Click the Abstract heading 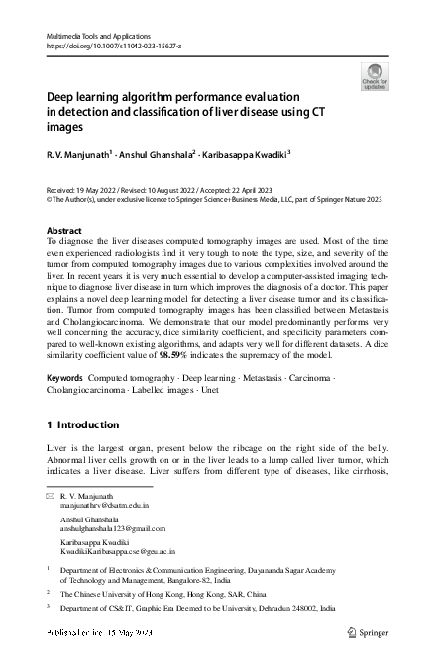(64, 230)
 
